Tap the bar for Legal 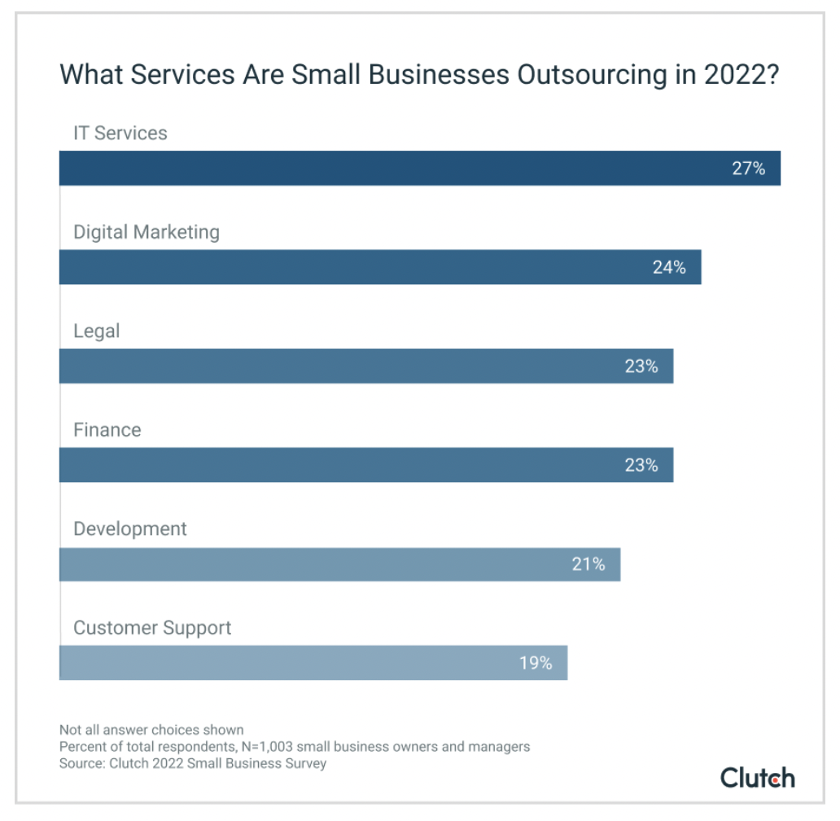pyautogui.click(x=342, y=367)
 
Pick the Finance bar pyautogui.click(x=342, y=465)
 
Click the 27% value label pyautogui.click(x=749, y=169)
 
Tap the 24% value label pyautogui.click(x=669, y=267)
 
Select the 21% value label pyautogui.click(x=588, y=564)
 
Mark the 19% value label pyautogui.click(x=536, y=663)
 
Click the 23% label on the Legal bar pyautogui.click(x=641, y=367)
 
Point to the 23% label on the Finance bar pyautogui.click(x=641, y=465)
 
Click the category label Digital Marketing pyautogui.click(x=147, y=232)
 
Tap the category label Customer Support pyautogui.click(x=152, y=628)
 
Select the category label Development pyautogui.click(x=130, y=529)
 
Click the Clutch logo pyautogui.click(x=757, y=777)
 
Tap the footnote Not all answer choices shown pyautogui.click(x=151, y=730)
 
